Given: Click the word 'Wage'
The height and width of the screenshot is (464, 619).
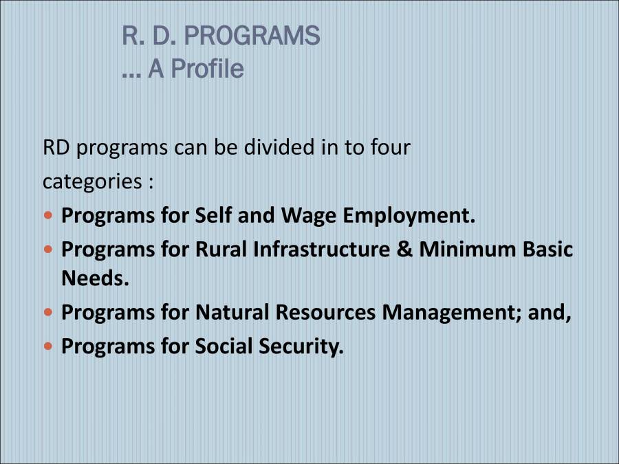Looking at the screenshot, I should [308, 215].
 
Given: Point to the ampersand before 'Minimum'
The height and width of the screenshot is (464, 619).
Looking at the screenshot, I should [406, 249].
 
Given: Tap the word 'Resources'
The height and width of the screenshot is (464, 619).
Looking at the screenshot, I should [326, 312].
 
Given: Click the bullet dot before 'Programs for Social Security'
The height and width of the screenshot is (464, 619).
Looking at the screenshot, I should [47, 346].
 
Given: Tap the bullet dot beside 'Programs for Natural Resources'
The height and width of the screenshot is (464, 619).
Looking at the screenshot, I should [47, 312].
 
